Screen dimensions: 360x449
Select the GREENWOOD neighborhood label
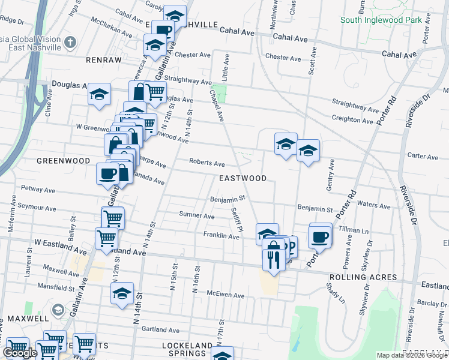(63, 161)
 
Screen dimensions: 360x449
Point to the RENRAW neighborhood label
(103, 61)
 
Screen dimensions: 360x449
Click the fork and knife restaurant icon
(273, 259)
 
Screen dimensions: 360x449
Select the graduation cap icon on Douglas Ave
(99, 94)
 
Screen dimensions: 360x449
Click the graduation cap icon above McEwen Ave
(122, 294)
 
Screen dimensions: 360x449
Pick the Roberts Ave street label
(206, 163)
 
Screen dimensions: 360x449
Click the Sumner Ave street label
(196, 215)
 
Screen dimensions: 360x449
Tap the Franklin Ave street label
(221, 236)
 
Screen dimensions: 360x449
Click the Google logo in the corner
(20, 353)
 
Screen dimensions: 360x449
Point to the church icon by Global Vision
(70, 41)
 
